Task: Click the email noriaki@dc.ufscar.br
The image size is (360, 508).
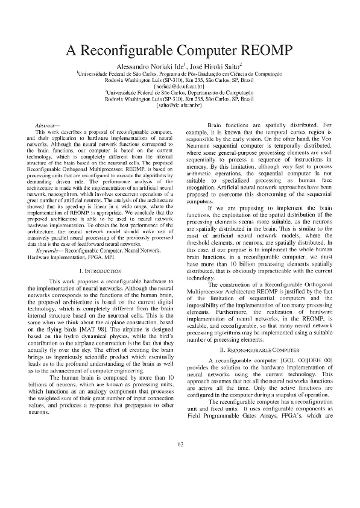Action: click(x=180, y=86)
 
